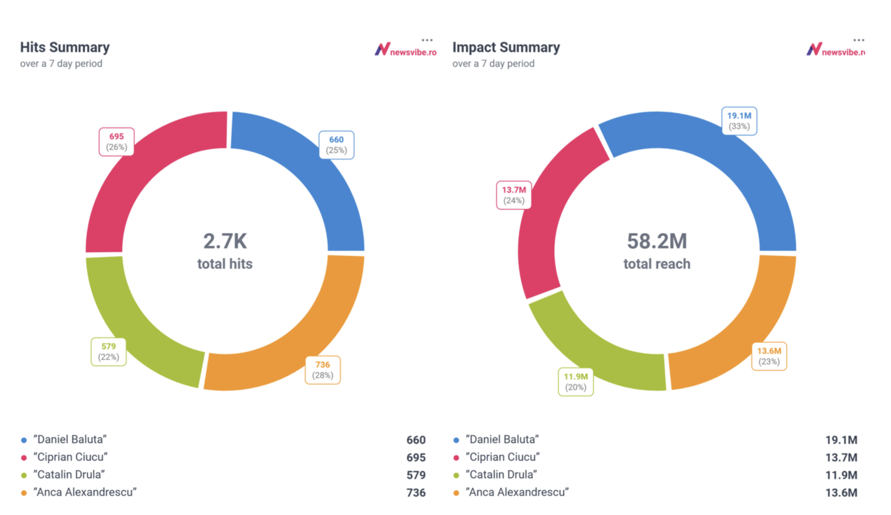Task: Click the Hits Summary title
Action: (x=65, y=47)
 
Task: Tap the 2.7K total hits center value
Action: (x=225, y=241)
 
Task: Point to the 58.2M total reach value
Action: (x=657, y=241)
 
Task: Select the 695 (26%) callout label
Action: (x=116, y=142)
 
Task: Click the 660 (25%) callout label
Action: (x=336, y=145)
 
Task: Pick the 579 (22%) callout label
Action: (x=108, y=352)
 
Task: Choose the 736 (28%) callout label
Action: (x=322, y=370)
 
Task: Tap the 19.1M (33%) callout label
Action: (x=739, y=121)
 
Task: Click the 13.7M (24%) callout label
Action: (x=514, y=195)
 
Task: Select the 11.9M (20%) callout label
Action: (x=575, y=382)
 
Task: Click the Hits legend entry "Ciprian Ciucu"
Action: (x=70, y=457)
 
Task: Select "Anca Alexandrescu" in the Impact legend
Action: (x=517, y=493)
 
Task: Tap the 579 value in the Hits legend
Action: (x=416, y=475)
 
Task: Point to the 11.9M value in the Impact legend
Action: (x=841, y=475)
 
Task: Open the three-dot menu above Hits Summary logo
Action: (x=427, y=40)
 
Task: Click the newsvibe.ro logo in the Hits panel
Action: (x=405, y=50)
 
